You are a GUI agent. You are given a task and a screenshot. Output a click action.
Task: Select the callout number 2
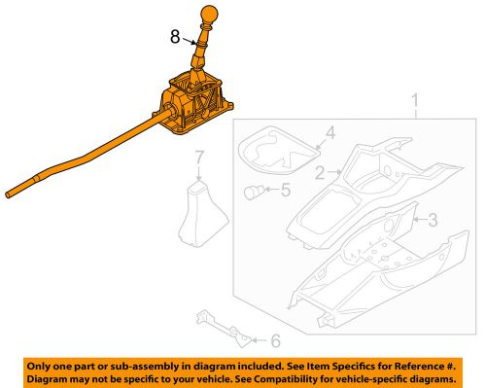pyautogui.click(x=319, y=173)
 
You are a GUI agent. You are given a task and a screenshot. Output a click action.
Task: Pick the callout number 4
pyautogui.click(x=285, y=191)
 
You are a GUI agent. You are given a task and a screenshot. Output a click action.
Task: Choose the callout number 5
pyautogui.click(x=275, y=340)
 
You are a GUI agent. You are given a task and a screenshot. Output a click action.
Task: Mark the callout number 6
pyautogui.click(x=198, y=158)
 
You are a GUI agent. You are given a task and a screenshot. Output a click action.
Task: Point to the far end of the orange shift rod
pyautogui.click(x=12, y=195)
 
